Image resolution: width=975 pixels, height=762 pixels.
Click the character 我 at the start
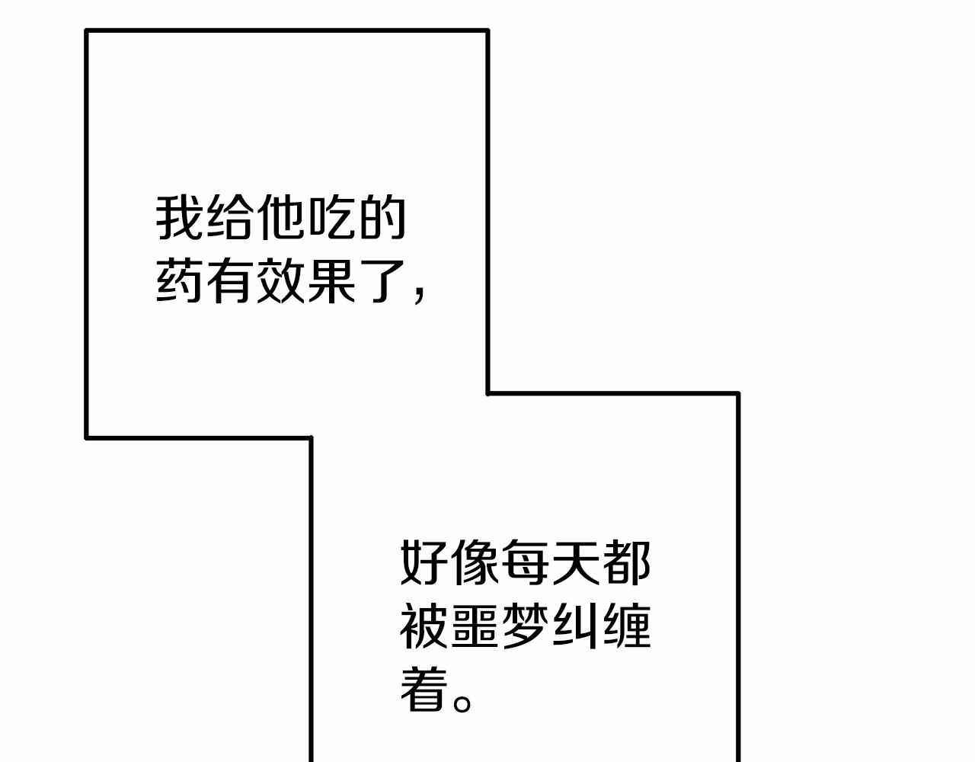click(x=181, y=219)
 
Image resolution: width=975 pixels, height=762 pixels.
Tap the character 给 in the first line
click(x=231, y=219)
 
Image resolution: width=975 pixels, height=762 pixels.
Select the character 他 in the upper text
click(x=281, y=219)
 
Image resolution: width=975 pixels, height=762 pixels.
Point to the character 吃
click(x=331, y=219)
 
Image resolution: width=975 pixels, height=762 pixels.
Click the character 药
click(x=181, y=281)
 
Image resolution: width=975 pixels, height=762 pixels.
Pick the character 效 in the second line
click(x=281, y=281)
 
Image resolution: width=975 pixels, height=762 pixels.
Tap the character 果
click(x=331, y=281)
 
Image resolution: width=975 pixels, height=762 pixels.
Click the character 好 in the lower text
click(x=424, y=564)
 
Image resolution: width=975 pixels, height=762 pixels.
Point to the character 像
click(x=475, y=564)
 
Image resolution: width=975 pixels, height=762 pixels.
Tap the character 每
click(x=525, y=564)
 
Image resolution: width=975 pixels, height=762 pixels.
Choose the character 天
click(x=575, y=564)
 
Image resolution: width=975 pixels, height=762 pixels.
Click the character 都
click(x=625, y=564)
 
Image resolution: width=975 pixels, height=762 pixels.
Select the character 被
click(x=424, y=626)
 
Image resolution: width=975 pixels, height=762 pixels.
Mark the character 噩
click(x=475, y=626)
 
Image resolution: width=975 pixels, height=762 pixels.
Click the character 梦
click(x=525, y=626)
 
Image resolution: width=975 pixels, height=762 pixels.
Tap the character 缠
click(x=625, y=626)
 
